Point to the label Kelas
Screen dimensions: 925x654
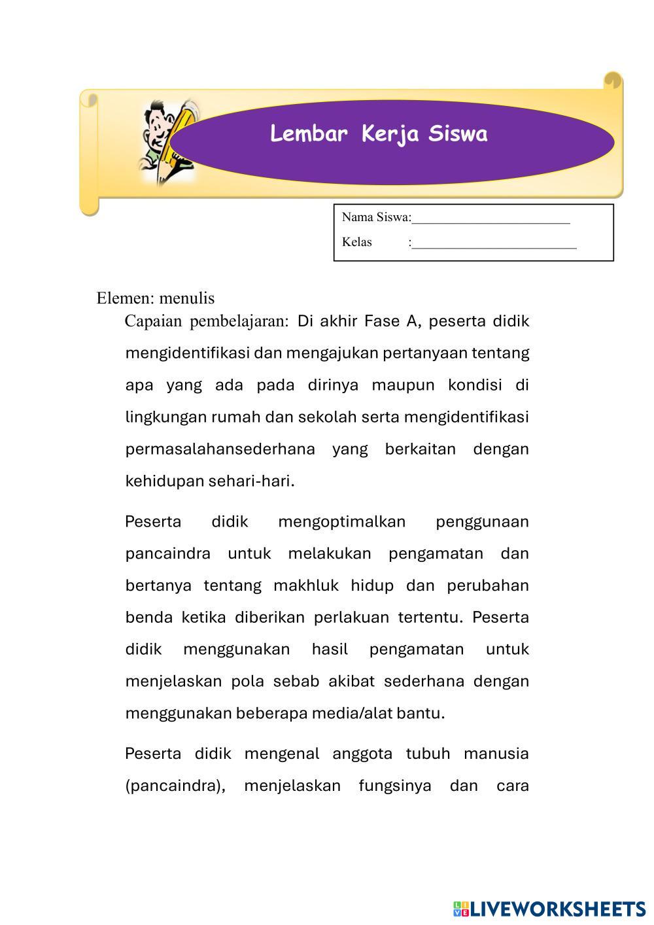coord(356,243)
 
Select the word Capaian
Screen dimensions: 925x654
coord(154,321)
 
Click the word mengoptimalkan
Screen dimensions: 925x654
coord(341,522)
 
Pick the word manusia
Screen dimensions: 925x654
coord(496,754)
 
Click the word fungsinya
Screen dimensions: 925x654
coord(395,786)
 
